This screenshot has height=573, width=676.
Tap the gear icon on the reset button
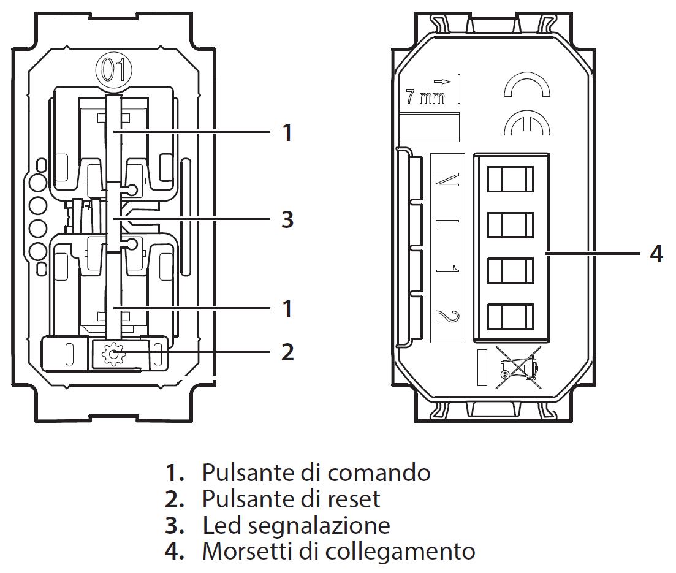(x=112, y=355)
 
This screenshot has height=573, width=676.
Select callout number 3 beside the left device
(x=287, y=219)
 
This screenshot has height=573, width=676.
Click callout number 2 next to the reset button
(x=287, y=352)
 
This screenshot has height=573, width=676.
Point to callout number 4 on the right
(x=656, y=253)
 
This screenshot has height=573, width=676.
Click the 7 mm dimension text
(x=425, y=96)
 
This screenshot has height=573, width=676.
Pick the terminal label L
(x=447, y=225)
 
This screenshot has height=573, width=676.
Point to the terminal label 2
(x=447, y=316)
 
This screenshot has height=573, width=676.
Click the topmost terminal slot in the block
(x=510, y=180)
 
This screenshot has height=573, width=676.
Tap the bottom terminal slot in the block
(x=510, y=316)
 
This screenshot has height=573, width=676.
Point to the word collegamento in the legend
(x=400, y=552)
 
